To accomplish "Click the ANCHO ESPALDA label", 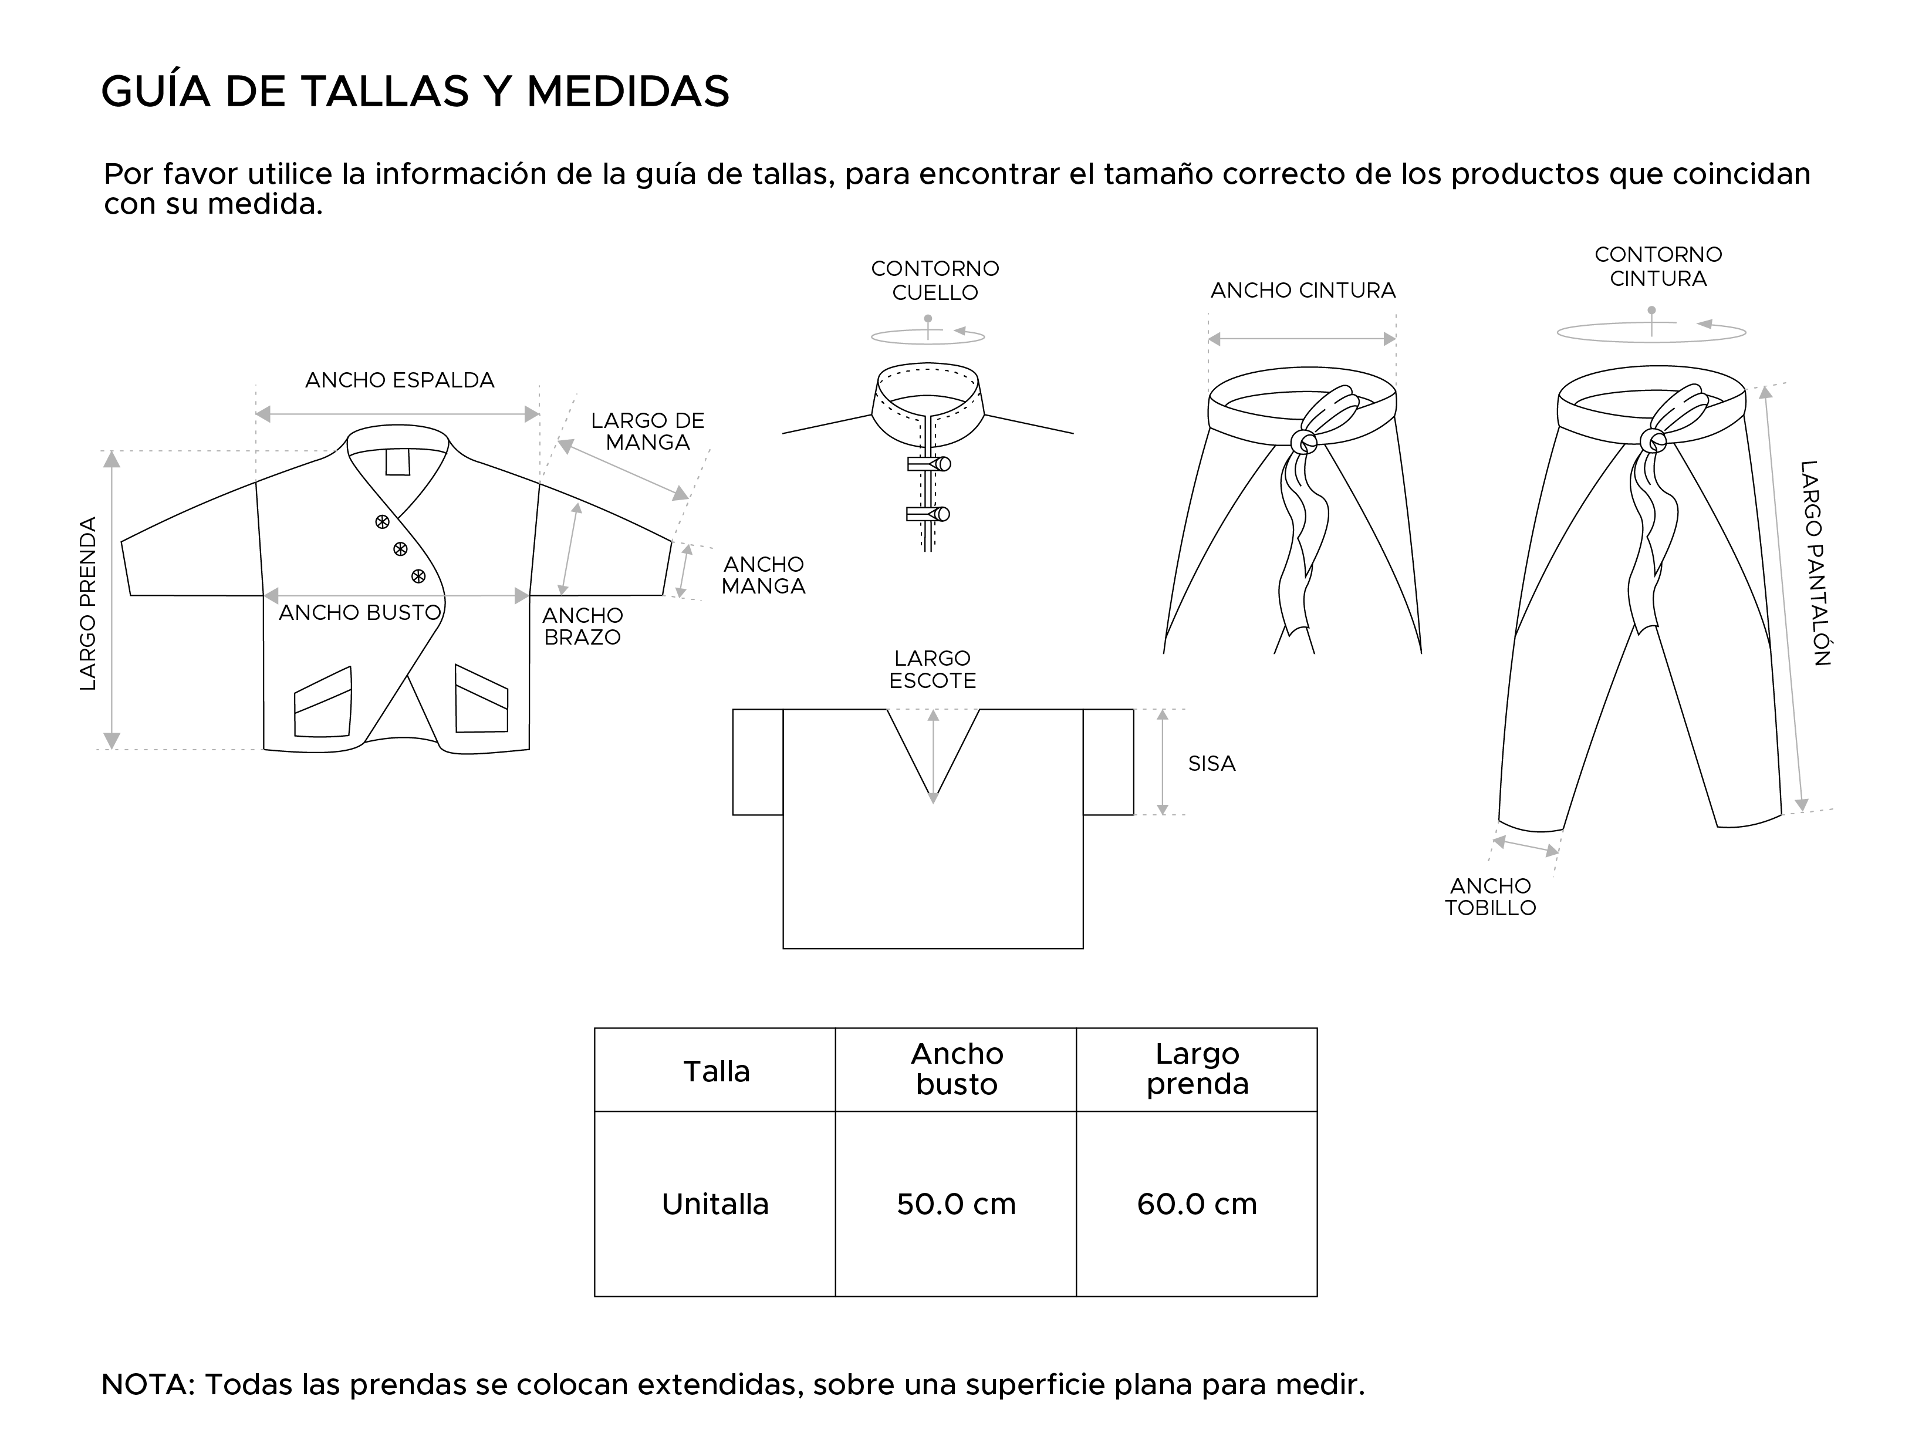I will tap(399, 380).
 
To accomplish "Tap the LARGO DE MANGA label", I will tap(647, 431).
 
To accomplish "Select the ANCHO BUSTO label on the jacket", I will tap(360, 613).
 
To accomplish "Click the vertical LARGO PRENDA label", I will tap(88, 603).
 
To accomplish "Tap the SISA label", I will tap(1211, 764).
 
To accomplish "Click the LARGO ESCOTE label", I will tap(932, 670).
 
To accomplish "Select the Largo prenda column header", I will tap(1197, 1070).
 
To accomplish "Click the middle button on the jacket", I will tap(400, 549).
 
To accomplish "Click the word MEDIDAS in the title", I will tap(627, 92).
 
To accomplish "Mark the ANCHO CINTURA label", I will tap(1303, 291).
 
